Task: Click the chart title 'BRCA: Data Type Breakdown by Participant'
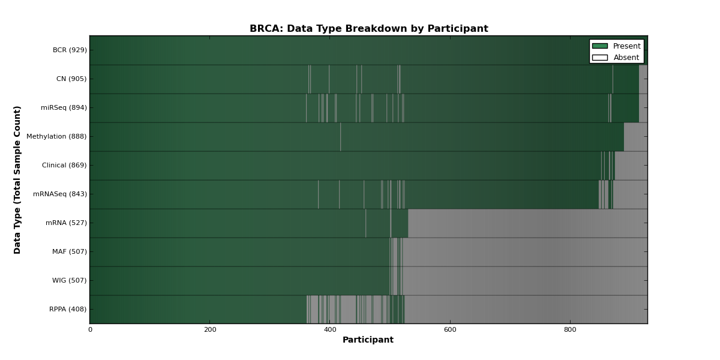(x=368, y=29)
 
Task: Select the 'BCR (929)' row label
(x=70, y=50)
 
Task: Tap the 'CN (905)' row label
(x=71, y=79)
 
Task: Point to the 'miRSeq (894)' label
(x=64, y=107)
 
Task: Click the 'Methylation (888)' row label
(x=56, y=136)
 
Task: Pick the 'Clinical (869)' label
(x=64, y=165)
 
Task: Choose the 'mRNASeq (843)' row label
(x=60, y=194)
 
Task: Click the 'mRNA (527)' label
(x=66, y=223)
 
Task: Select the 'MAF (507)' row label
(x=70, y=251)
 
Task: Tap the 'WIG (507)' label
(x=70, y=280)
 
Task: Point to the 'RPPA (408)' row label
(x=68, y=309)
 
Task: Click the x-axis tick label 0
(x=91, y=330)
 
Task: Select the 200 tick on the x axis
(x=210, y=330)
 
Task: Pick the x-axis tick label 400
(x=330, y=330)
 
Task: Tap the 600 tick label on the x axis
(x=450, y=330)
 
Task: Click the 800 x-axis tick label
(x=570, y=330)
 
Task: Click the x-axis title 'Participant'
(x=368, y=340)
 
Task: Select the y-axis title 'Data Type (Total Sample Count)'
(x=17, y=180)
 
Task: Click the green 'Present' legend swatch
(x=600, y=46)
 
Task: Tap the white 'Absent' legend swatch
(x=600, y=58)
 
